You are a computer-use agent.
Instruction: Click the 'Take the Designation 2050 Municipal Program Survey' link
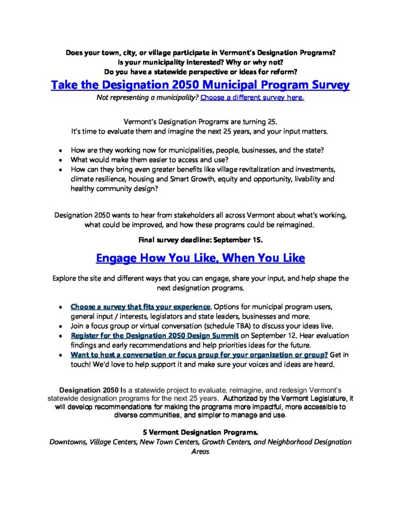(x=200, y=84)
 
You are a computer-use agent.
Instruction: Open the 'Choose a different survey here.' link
(x=252, y=97)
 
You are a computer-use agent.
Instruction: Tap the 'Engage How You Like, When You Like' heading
(x=200, y=258)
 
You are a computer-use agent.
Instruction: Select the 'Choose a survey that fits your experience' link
(x=140, y=307)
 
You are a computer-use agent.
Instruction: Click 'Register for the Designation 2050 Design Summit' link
(x=155, y=336)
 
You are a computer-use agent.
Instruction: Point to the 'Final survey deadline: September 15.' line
(x=200, y=240)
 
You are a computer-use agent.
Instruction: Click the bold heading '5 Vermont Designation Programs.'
(x=200, y=433)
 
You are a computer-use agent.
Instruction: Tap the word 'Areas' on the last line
(x=200, y=451)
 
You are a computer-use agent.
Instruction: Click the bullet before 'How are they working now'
(x=61, y=151)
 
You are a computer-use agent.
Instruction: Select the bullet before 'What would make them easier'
(x=61, y=160)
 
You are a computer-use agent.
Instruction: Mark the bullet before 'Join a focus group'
(x=61, y=326)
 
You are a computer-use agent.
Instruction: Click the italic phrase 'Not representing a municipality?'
(x=148, y=97)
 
